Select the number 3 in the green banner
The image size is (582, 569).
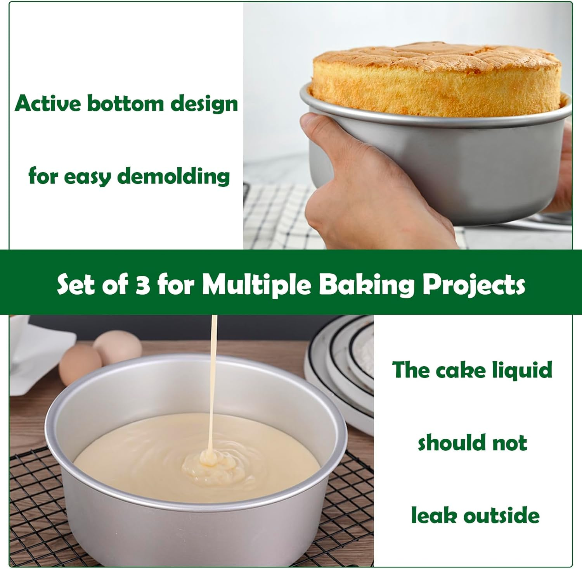pyautogui.click(x=142, y=285)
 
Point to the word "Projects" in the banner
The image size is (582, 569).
pyautogui.click(x=474, y=285)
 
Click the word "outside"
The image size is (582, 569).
pyautogui.click(x=501, y=516)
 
